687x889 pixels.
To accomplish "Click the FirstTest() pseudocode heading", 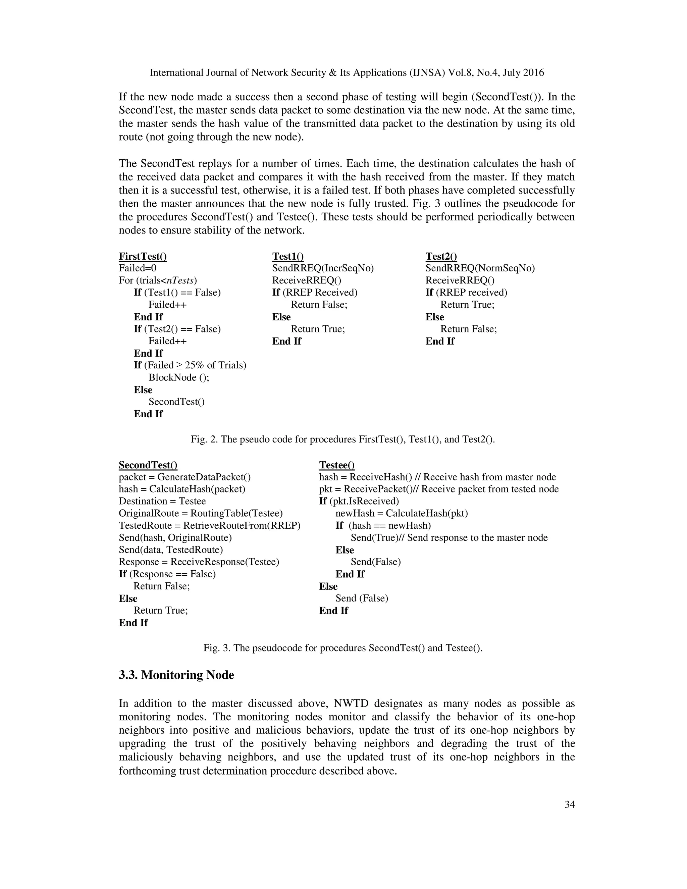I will [143, 256].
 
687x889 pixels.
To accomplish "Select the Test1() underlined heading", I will [288, 256].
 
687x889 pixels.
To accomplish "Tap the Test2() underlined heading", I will [441, 256].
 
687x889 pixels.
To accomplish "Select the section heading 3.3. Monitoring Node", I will [176, 675].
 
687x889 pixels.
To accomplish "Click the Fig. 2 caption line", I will [343, 439].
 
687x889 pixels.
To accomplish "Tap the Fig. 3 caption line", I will [343, 648].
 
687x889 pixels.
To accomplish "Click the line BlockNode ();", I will [179, 377].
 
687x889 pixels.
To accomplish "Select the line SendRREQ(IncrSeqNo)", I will [323, 268].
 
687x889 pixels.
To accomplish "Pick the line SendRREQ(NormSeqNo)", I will [480, 268].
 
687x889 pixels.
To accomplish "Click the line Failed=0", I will [137, 268].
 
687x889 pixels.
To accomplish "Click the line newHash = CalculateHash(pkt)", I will [401, 513].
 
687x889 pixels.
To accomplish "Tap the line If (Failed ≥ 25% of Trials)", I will [190, 365].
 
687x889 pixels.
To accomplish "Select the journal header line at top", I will [347, 73].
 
